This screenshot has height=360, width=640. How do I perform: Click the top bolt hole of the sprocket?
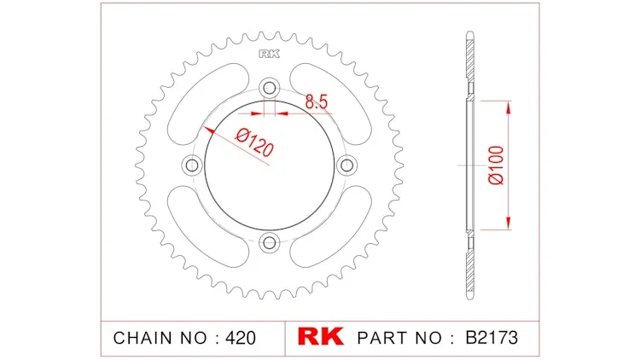pyautogui.click(x=270, y=88)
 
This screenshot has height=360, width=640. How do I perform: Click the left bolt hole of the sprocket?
pyautogui.click(x=192, y=165)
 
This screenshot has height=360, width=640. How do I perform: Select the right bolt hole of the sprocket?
pyautogui.click(x=347, y=165)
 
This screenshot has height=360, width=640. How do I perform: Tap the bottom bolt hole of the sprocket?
pyautogui.click(x=270, y=243)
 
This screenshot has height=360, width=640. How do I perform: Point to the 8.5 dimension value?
pyautogui.click(x=317, y=102)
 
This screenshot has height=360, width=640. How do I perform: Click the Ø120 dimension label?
pyautogui.click(x=254, y=142)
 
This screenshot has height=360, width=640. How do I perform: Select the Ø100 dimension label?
pyautogui.click(x=497, y=165)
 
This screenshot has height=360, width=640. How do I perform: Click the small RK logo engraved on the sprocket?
pyautogui.click(x=270, y=54)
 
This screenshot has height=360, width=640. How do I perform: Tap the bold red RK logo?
pyautogui.click(x=321, y=336)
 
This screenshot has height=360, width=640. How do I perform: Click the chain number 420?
pyautogui.click(x=241, y=338)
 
